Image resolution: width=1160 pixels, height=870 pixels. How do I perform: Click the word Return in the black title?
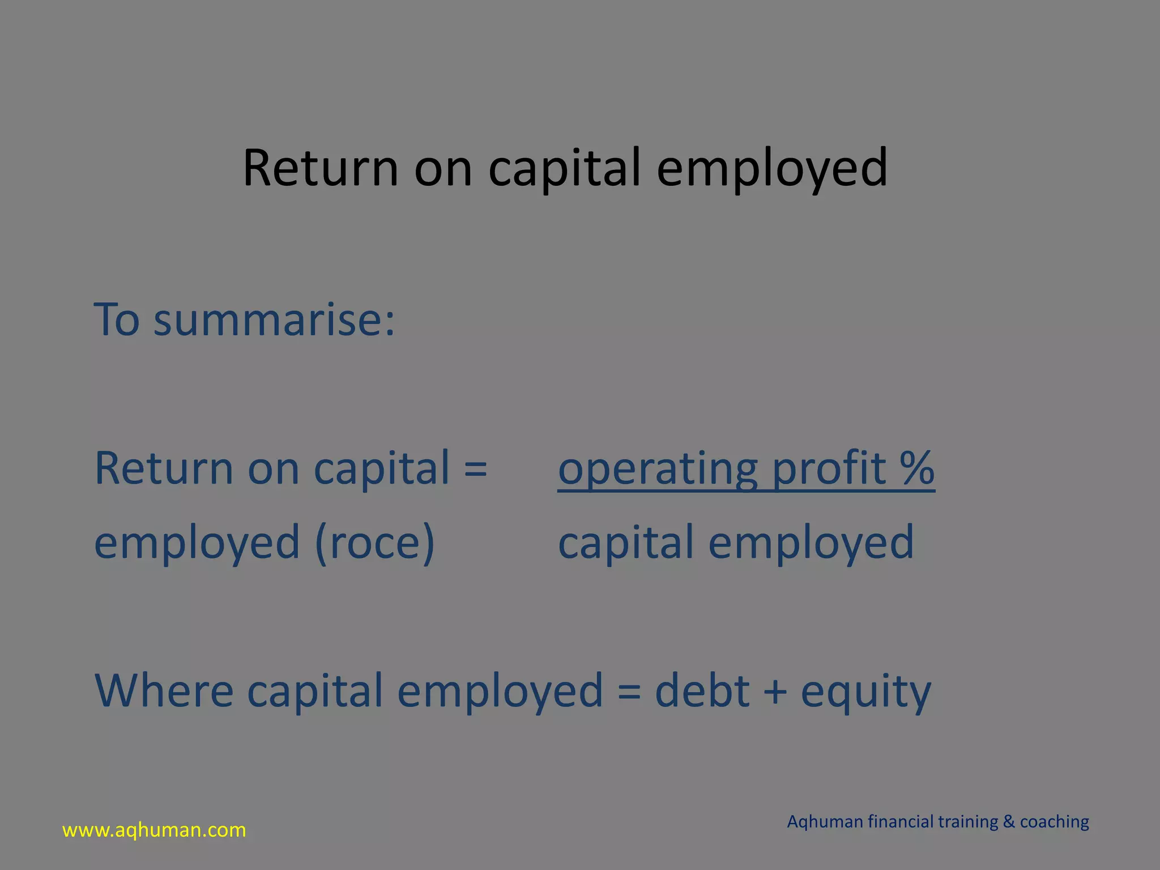tap(321, 168)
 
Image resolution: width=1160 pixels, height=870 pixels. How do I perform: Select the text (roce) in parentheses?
tap(375, 543)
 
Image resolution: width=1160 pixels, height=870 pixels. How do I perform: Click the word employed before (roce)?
tap(197, 543)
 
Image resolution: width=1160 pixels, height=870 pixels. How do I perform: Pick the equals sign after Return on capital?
tap(475, 469)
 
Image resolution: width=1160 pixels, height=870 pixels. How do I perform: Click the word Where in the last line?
tap(164, 690)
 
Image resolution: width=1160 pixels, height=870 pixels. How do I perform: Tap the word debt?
tap(702, 690)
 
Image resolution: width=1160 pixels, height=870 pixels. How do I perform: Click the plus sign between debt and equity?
tap(775, 692)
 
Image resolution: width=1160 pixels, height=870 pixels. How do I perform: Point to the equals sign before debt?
tap(629, 692)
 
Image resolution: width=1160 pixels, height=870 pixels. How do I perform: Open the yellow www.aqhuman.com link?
tap(154, 830)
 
